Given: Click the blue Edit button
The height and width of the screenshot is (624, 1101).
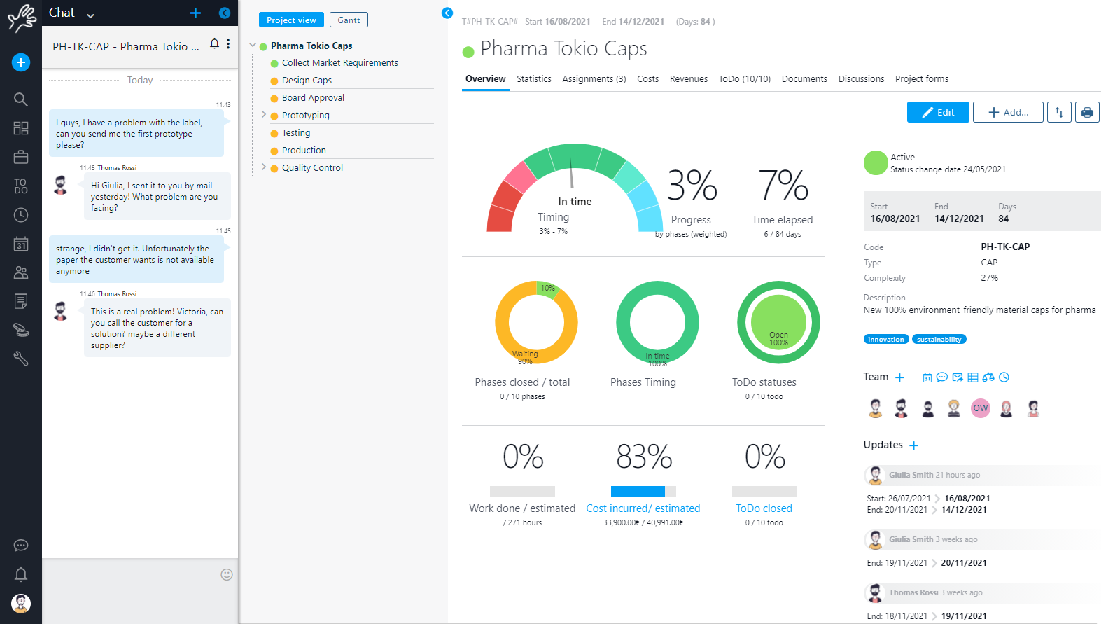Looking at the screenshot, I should (937, 112).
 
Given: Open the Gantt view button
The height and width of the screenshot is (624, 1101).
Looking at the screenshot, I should (349, 20).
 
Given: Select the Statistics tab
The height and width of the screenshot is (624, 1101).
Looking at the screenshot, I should (533, 79).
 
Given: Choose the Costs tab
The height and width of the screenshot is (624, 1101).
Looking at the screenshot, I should (647, 79).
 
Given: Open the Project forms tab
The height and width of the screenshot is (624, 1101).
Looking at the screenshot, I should (921, 79).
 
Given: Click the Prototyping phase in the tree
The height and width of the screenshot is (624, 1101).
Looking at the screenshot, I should (305, 116).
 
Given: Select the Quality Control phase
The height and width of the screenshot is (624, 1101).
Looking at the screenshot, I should (312, 168).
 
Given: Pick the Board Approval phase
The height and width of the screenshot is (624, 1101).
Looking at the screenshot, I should (313, 98).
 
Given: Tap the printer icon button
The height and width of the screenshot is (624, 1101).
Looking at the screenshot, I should (1086, 112).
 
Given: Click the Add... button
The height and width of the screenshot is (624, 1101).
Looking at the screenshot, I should (1008, 112).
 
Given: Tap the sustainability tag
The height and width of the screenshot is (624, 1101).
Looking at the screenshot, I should (939, 340).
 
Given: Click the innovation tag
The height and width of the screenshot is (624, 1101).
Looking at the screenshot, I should (885, 340).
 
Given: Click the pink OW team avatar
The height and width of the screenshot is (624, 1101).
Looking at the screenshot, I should (981, 408).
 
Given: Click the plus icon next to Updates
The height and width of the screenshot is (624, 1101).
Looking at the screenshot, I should (913, 445).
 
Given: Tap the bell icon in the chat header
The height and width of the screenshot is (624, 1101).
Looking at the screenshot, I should (215, 43).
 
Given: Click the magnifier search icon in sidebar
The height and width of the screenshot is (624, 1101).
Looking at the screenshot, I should (21, 99).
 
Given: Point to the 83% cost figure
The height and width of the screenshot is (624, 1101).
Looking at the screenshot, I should (644, 457).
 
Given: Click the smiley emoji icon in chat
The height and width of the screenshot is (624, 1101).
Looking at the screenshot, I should (227, 574).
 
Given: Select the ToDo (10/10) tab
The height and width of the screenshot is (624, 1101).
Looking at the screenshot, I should (744, 79).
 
